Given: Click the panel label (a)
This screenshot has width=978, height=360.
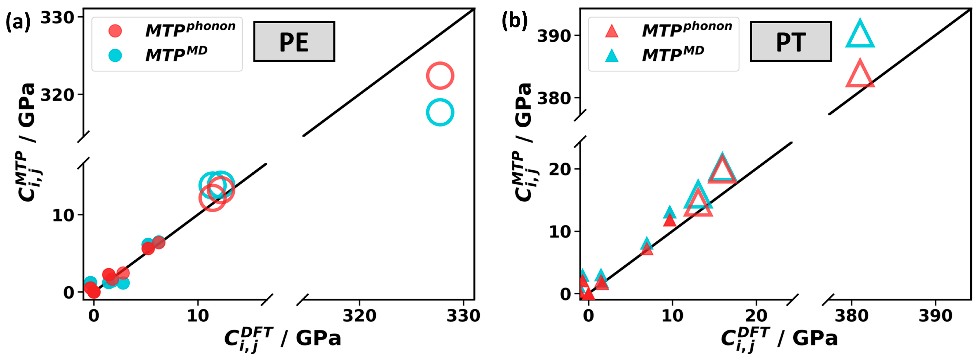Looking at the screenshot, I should (x=18, y=22).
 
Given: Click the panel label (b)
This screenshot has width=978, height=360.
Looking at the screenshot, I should (x=515, y=22).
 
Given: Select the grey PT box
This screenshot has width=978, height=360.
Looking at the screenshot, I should (x=791, y=41).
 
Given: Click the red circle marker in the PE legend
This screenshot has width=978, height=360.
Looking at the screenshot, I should (x=115, y=30).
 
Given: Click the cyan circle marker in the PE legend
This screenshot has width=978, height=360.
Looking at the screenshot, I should (x=115, y=55).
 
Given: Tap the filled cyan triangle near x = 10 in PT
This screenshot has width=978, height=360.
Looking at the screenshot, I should (x=670, y=212).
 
